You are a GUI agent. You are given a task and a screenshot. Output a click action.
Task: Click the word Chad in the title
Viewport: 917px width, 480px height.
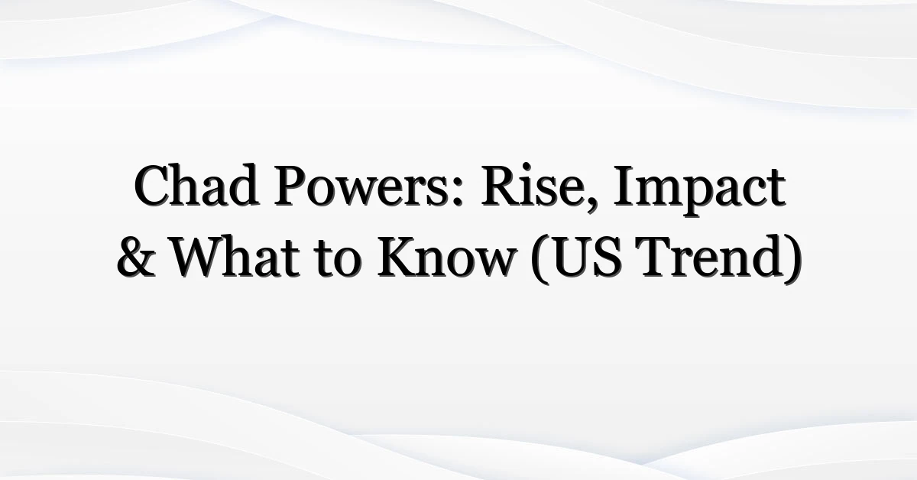pyautogui.click(x=196, y=185)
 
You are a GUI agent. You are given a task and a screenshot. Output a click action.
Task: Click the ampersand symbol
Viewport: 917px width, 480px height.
pyautogui.click(x=136, y=258)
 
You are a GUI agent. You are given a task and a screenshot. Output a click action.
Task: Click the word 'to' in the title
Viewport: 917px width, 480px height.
pyautogui.click(x=338, y=260)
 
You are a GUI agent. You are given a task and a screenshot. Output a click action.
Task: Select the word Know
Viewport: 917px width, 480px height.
pyautogui.click(x=446, y=256)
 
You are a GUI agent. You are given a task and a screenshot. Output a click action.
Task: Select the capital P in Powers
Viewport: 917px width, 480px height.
pyautogui.click(x=291, y=186)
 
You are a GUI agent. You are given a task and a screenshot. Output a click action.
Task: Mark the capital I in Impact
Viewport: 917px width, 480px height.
pyautogui.click(x=624, y=186)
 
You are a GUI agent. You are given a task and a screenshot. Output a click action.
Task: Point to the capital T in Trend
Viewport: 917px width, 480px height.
pyautogui.click(x=659, y=258)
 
